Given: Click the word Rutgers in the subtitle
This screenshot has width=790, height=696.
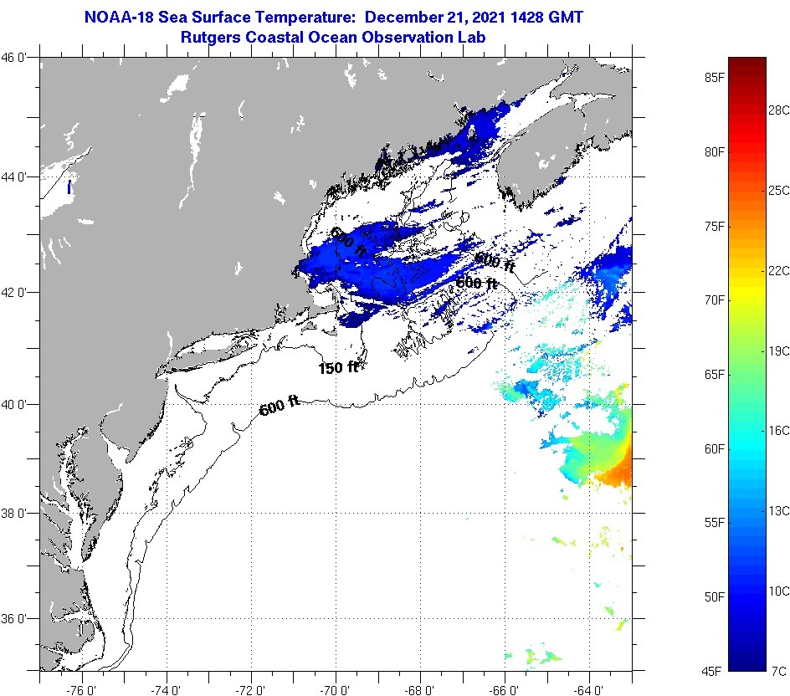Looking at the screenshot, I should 212,37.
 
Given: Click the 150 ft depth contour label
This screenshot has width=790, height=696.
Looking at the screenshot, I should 338,367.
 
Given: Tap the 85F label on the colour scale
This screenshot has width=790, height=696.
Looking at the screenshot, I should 714,78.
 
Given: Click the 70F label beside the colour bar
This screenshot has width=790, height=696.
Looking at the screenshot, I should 714,299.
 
